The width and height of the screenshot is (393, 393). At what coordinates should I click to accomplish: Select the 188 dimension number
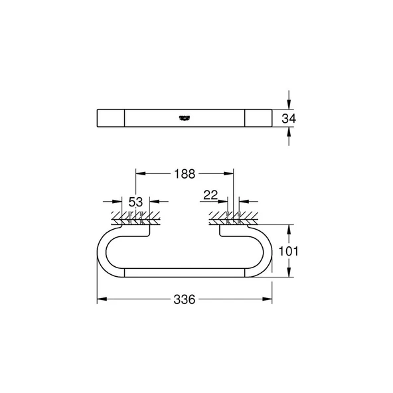pos(184,174)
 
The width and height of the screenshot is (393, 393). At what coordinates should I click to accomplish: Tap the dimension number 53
pos(136,202)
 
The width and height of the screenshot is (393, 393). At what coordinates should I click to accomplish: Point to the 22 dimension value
pos(211,194)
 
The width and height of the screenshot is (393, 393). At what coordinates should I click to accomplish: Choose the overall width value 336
pos(184,300)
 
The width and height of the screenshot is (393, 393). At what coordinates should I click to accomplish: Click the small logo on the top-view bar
pos(181,118)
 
